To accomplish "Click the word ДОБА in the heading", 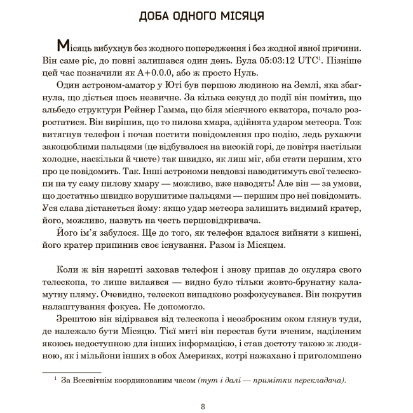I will (155, 16).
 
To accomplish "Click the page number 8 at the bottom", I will (203, 406).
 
